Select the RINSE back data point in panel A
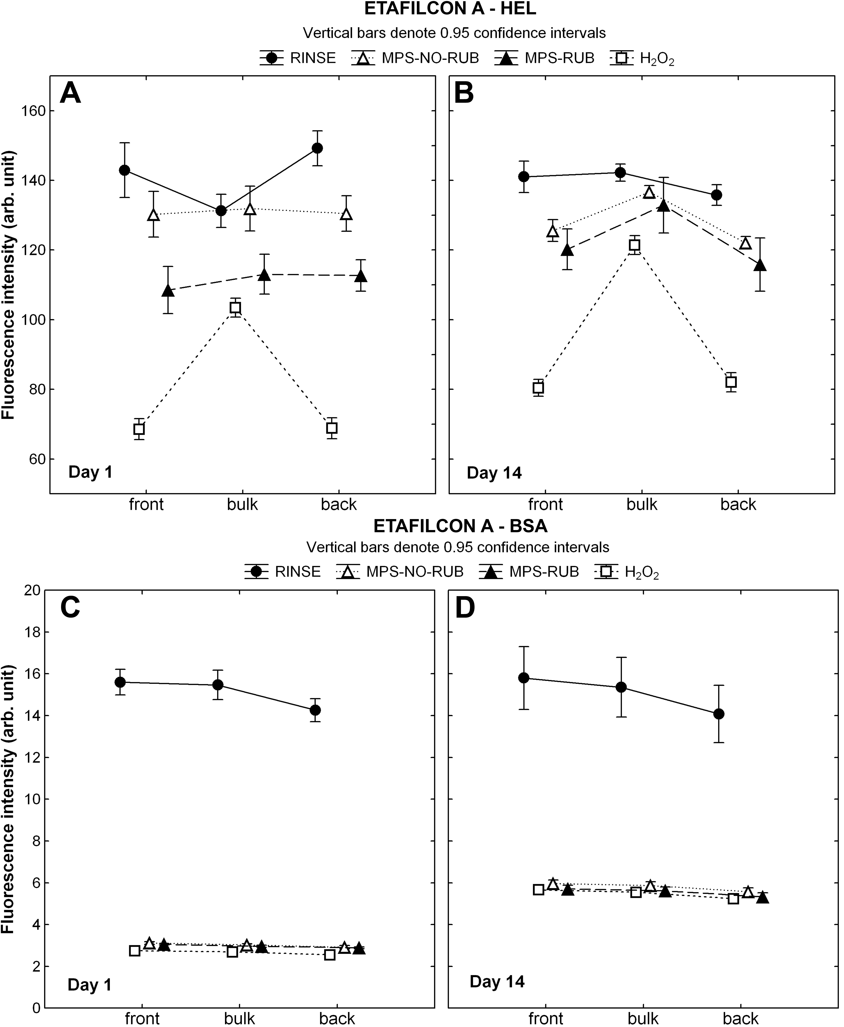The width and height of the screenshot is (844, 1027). click(x=317, y=148)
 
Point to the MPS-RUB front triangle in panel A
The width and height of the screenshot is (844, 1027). click(x=168, y=291)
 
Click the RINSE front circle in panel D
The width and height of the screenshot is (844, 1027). click(x=524, y=678)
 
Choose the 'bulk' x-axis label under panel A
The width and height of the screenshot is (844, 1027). click(x=243, y=505)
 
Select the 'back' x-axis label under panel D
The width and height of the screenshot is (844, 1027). click(x=741, y=1018)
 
